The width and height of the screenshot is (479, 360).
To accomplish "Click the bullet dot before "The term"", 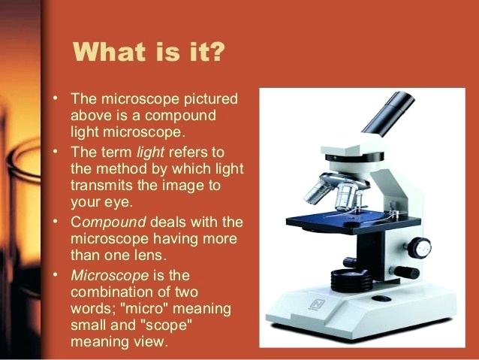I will pos(56,151).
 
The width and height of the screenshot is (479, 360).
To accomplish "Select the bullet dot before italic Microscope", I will pos(56,274).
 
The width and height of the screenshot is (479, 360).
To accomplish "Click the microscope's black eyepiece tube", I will pos(390,113).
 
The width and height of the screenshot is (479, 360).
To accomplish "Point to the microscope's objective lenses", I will pos(333,190).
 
